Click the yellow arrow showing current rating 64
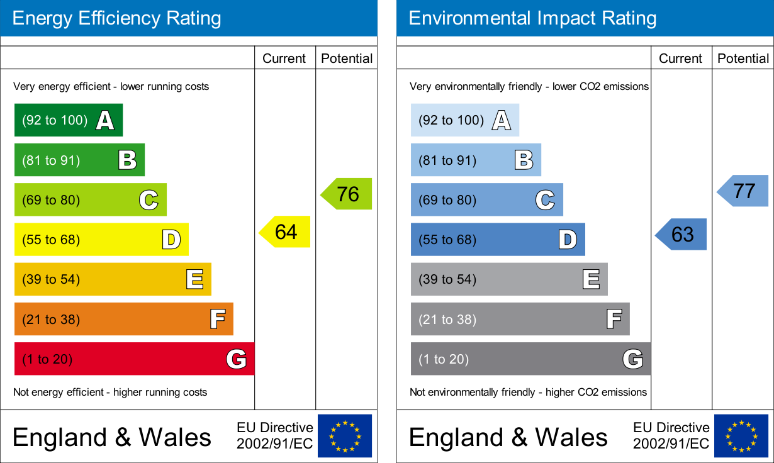(x=286, y=231)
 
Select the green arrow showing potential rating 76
(x=347, y=194)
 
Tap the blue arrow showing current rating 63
(x=682, y=234)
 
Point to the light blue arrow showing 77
(x=744, y=191)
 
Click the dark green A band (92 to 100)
(x=68, y=120)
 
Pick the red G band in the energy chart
(x=134, y=359)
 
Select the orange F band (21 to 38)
(x=123, y=319)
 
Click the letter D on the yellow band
(x=171, y=240)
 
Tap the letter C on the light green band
(x=149, y=200)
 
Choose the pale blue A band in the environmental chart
(x=464, y=120)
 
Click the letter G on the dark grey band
(x=632, y=359)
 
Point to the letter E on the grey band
(x=591, y=279)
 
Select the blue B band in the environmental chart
(x=476, y=160)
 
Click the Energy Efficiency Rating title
(x=117, y=18)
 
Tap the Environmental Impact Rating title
(x=532, y=18)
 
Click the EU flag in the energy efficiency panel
(x=345, y=435)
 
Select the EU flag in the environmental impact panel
(x=741, y=435)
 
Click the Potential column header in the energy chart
(x=347, y=59)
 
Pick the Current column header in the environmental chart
(x=680, y=59)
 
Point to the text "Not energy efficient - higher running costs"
(x=110, y=392)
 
